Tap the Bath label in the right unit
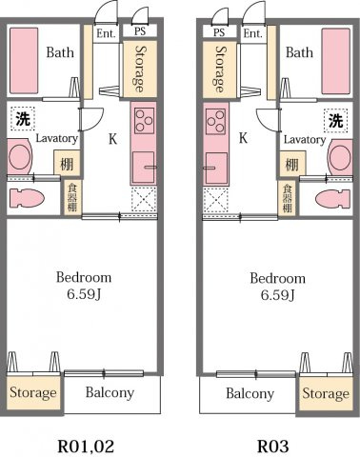pyautogui.click(x=299, y=53)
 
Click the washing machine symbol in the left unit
pyautogui.click(x=22, y=120)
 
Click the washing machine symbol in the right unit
pyautogui.click(x=336, y=120)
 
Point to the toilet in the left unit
pyautogui.click(x=26, y=199)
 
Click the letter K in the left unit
pyautogui.click(x=112, y=139)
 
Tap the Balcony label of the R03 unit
pyautogui.click(x=250, y=393)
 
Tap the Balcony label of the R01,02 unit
pyautogui.click(x=110, y=392)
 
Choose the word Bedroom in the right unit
pyautogui.click(x=277, y=278)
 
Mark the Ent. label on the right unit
pyautogui.click(x=252, y=33)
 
